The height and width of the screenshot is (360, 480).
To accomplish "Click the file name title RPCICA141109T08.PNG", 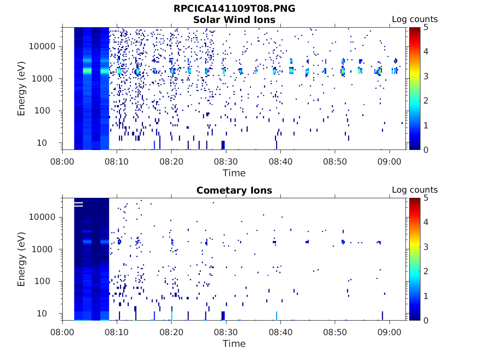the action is coord(234,8).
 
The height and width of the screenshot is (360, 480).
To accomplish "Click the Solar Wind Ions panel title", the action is coord(234,20).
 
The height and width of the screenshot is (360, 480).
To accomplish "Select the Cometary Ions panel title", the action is coord(234,190).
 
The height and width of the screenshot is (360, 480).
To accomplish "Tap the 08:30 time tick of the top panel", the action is coord(226,161).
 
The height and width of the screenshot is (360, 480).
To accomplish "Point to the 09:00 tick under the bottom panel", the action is coord(390,332).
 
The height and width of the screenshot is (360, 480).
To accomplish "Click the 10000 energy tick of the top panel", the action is coord(42,46).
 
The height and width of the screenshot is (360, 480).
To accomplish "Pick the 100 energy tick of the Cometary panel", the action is coord(42,281).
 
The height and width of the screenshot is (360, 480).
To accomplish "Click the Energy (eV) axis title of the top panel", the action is coord(21,89).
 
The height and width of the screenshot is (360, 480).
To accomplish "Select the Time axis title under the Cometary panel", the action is coord(234,344).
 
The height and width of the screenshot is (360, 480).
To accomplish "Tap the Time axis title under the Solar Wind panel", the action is coord(234,173).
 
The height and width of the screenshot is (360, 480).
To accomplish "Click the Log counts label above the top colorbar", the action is coord(415,19).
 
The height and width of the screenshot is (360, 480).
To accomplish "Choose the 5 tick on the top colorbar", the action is coord(426,27).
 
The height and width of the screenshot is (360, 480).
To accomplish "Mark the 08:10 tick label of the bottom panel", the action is coord(117,332).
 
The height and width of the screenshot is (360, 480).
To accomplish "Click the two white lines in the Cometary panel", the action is coord(78,204).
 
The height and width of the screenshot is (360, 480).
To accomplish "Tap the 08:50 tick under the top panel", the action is coord(335,161).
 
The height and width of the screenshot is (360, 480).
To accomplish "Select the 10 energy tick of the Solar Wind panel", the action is coord(42,143).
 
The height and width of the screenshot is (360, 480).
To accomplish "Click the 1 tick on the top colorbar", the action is coord(426,125).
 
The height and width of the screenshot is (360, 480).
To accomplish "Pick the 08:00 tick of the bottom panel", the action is coord(62,332).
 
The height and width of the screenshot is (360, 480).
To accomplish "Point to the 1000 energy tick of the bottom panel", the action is coord(42,249).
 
